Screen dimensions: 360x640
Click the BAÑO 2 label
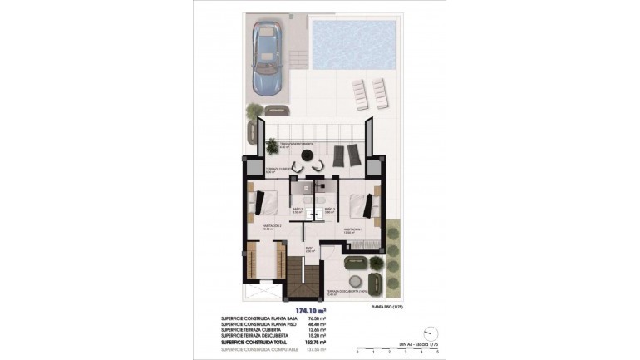[x=298, y=209]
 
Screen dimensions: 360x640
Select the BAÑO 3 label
[x=329, y=209]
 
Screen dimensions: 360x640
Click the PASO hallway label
[x=308, y=248]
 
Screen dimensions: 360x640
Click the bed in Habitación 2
[x=265, y=203]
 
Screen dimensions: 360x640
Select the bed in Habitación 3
[x=362, y=203]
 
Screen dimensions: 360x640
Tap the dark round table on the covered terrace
[x=308, y=157]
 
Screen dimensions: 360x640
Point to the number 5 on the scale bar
[x=436, y=352]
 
